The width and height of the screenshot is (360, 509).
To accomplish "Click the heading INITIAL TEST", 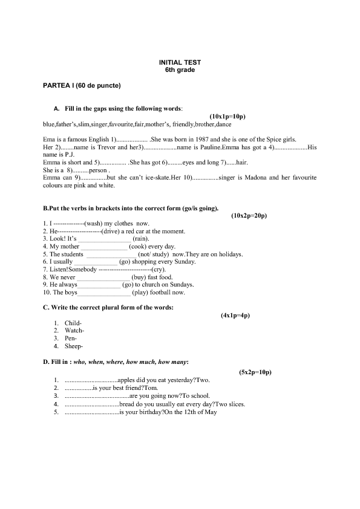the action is pos(180,62).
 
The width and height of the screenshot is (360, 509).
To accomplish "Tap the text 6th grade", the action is pos(180,70).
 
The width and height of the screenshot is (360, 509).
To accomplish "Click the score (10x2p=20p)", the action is pos(249,215).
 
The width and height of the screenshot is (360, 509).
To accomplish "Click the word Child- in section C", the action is pos(73,323).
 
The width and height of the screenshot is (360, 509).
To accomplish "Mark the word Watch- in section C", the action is pos(74,331).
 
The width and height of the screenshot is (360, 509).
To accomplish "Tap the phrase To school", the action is pos(194,396).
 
